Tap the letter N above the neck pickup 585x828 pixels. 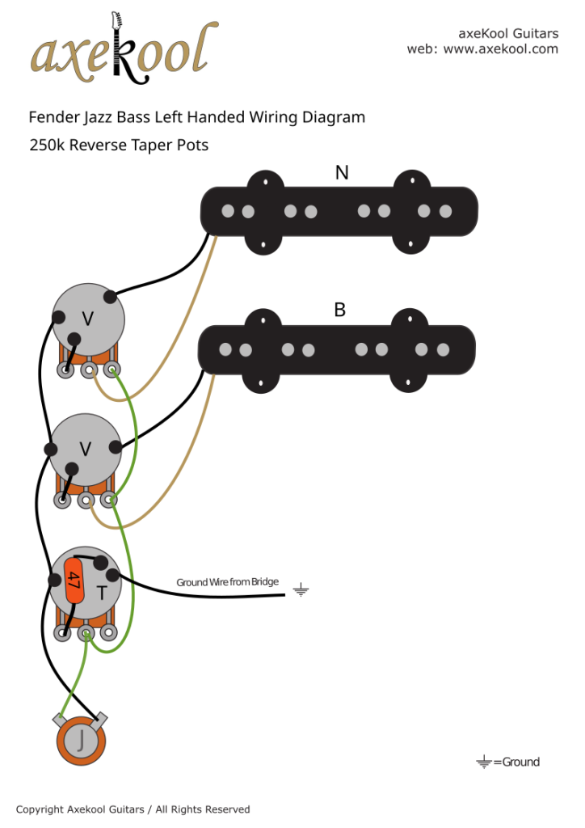point(342,172)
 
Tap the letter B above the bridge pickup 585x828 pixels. point(340,310)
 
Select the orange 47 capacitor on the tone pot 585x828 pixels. point(74,580)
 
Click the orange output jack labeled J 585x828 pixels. point(80,739)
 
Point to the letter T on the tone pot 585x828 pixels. point(102,594)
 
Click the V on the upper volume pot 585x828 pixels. point(87,319)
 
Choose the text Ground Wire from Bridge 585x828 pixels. point(228,582)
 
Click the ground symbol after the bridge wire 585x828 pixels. point(301,590)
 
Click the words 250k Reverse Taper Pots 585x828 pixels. point(119,146)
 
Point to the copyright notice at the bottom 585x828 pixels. point(133,809)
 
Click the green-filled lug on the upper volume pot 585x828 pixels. point(112,370)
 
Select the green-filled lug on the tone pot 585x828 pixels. point(86,634)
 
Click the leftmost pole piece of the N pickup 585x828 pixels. point(227,211)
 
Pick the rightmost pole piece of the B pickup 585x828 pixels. point(443,350)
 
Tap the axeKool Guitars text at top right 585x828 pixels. point(508,34)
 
